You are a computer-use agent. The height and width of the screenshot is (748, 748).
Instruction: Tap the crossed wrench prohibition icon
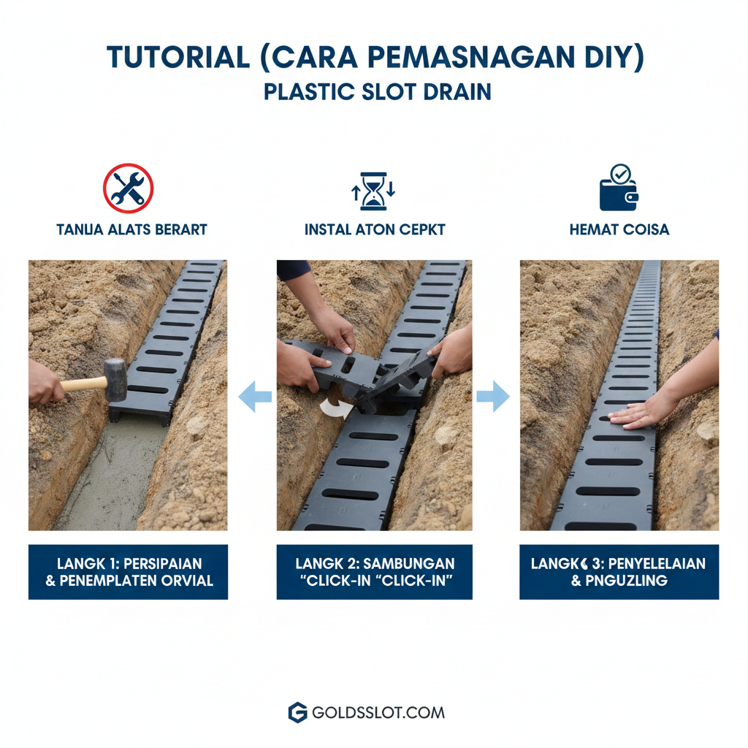129,188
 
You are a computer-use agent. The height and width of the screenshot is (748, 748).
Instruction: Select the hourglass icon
373,191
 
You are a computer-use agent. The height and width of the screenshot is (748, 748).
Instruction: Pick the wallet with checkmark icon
618,189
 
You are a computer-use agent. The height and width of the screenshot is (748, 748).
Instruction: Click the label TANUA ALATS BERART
131,229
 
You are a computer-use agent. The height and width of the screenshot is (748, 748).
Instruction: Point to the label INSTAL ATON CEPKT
375,229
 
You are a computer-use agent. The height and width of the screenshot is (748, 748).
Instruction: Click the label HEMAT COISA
619,229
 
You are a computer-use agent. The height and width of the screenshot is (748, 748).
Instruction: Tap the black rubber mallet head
115,379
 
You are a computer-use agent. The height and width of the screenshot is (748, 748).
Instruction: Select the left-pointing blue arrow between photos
255,397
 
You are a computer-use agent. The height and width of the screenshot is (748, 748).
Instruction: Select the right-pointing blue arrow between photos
494,397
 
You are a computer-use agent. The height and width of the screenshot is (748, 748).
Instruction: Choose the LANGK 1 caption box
128,572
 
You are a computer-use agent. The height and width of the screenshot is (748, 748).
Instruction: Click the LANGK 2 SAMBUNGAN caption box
374,572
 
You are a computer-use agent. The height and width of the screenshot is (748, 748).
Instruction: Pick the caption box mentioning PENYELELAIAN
619,572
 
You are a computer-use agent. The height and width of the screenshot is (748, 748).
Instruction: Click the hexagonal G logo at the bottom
297,712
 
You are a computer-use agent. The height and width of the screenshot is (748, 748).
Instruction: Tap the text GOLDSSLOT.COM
378,712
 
